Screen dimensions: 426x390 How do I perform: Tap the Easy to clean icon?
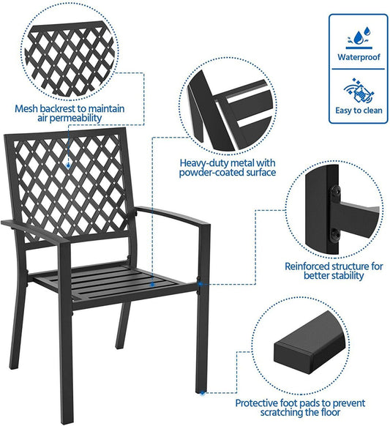[x=357, y=89]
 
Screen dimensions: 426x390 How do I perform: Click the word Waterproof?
[x=357, y=56]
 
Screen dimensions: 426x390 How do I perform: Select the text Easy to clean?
[x=357, y=111]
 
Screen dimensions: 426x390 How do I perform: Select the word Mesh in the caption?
[x=27, y=108]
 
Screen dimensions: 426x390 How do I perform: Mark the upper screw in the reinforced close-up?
[x=336, y=191]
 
